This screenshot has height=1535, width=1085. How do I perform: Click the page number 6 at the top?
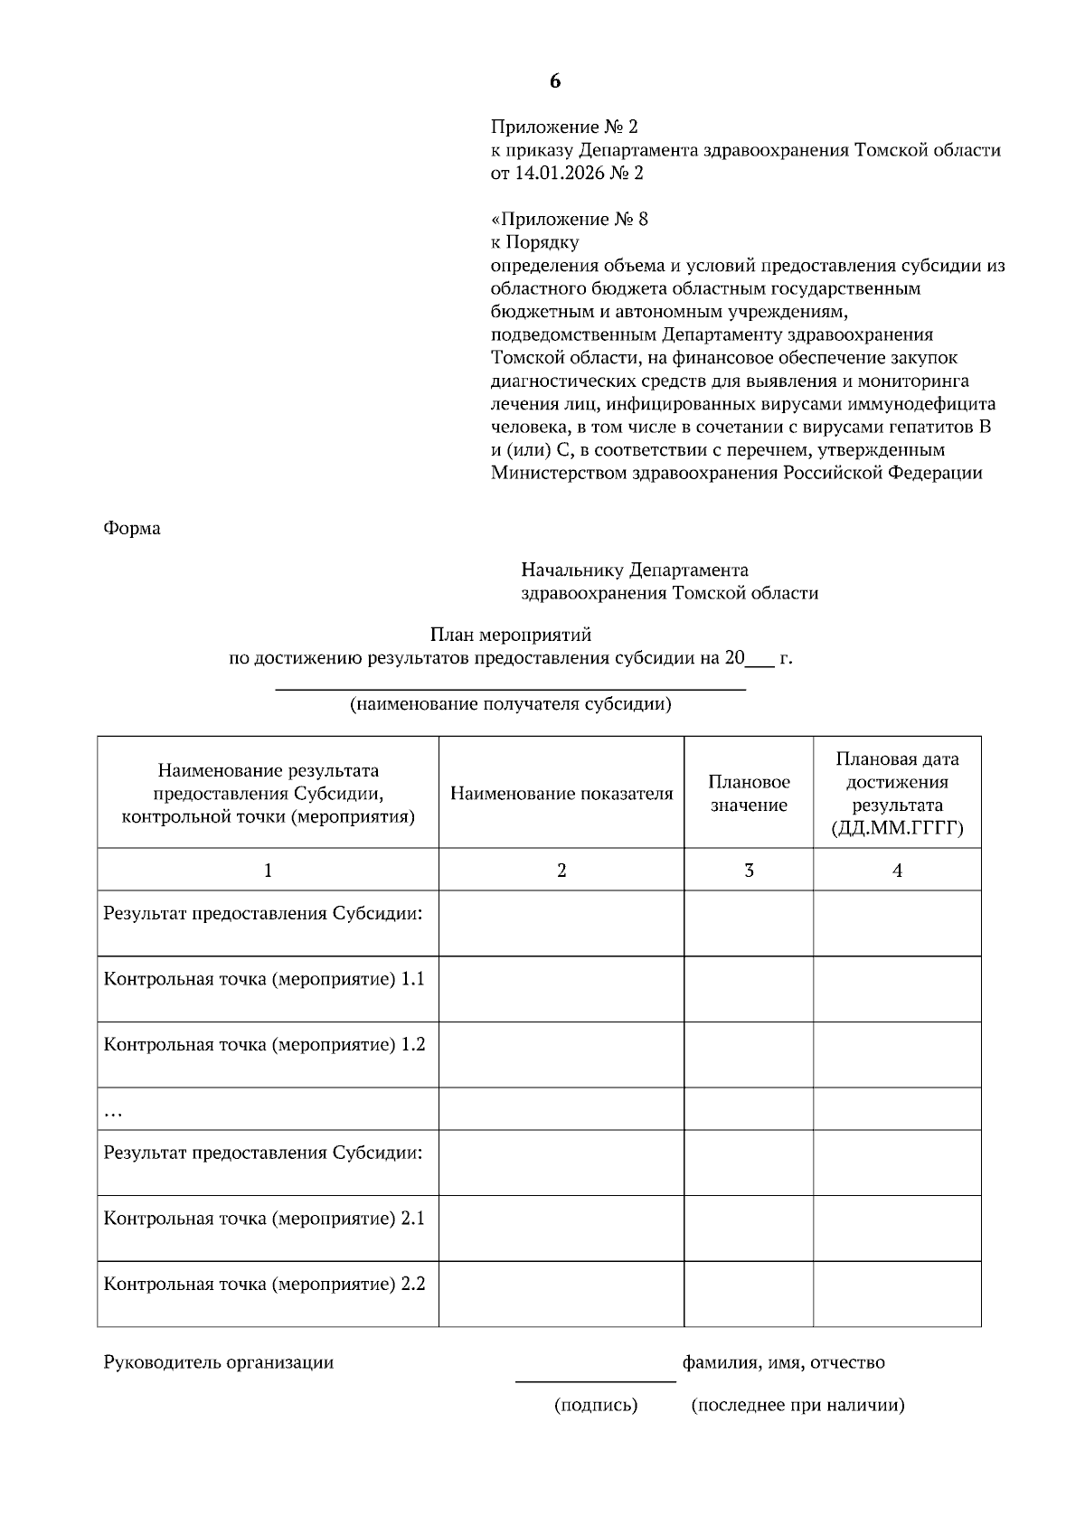tap(554, 81)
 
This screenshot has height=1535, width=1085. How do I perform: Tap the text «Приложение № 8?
tap(570, 219)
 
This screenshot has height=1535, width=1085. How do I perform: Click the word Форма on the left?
tap(132, 528)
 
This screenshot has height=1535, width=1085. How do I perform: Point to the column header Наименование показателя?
tap(561, 794)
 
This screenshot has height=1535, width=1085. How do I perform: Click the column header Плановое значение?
tap(749, 793)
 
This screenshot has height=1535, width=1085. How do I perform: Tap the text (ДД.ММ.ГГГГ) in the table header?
tap(897, 828)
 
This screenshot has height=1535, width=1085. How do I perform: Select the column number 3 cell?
tap(749, 871)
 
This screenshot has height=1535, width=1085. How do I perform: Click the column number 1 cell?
tap(268, 871)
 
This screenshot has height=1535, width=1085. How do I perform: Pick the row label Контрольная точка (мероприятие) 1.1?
tap(264, 979)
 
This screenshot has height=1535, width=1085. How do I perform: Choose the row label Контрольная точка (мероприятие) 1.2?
tap(264, 1044)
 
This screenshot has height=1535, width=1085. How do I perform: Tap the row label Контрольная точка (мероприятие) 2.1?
tap(264, 1218)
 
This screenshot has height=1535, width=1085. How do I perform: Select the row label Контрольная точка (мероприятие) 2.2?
tap(264, 1284)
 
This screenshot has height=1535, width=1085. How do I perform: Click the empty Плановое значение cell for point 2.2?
tap(749, 1294)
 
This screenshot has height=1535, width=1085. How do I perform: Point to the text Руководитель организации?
tap(219, 1362)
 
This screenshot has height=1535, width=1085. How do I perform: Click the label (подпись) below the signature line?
tap(596, 1405)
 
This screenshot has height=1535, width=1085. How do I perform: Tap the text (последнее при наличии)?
tap(797, 1405)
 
